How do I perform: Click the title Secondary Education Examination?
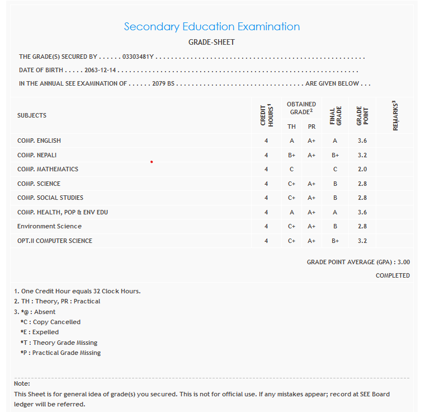click(211, 26)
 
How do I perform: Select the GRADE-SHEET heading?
click(211, 43)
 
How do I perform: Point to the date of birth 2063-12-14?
click(101, 71)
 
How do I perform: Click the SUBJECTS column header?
click(32, 115)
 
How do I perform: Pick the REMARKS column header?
click(395, 115)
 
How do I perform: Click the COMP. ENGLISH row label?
click(39, 141)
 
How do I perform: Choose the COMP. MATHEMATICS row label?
click(48, 169)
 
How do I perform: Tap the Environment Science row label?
click(49, 226)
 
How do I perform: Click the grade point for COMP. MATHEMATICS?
click(362, 169)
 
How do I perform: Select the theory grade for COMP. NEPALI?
click(291, 155)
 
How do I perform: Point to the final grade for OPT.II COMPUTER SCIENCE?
click(335, 241)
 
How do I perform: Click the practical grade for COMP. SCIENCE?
click(311, 184)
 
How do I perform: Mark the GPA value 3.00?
click(404, 262)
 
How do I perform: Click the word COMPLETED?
click(393, 275)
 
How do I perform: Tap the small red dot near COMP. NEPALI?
click(152, 162)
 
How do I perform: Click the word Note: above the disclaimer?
click(22, 383)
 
